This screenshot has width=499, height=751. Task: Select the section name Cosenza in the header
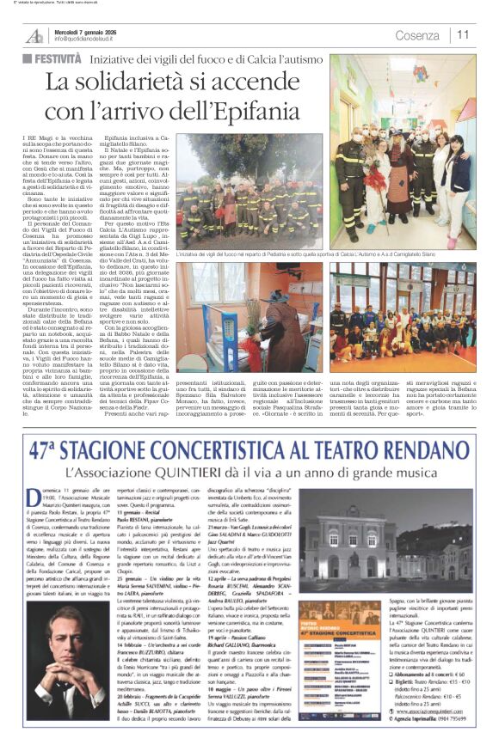(417, 35)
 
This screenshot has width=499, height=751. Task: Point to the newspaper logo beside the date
(35, 35)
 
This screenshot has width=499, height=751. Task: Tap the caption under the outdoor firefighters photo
(326, 255)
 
